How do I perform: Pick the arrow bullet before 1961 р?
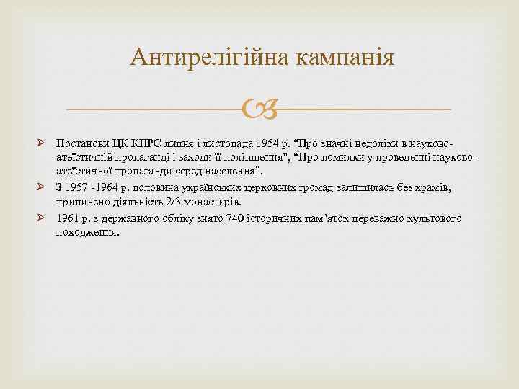[42, 218]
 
